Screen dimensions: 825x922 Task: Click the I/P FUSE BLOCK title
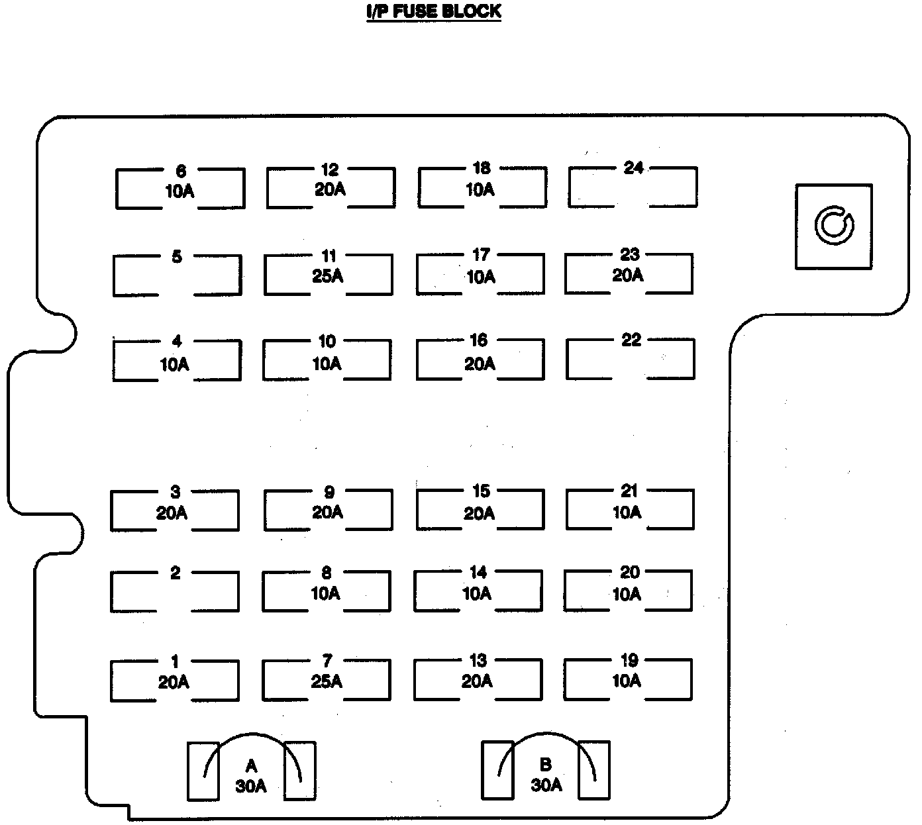click(x=434, y=11)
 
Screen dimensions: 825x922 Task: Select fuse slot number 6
click(x=180, y=189)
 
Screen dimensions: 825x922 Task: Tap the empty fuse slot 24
click(x=633, y=187)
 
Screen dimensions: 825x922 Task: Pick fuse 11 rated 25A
click(x=328, y=274)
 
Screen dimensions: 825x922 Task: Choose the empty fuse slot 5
click(x=177, y=275)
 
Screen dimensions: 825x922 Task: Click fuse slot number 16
click(x=480, y=360)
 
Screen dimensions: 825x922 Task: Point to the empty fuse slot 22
click(x=631, y=360)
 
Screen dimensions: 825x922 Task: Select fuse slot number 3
click(x=174, y=510)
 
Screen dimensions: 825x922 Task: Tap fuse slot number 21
click(x=629, y=510)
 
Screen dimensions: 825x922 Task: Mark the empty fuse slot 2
click(x=174, y=591)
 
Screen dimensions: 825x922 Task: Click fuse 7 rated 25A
click(x=326, y=679)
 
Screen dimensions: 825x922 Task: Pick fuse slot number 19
click(x=628, y=679)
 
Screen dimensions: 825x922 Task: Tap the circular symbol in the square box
click(x=834, y=226)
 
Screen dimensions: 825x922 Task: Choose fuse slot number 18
click(x=482, y=187)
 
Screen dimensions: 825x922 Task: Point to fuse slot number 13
click(x=478, y=679)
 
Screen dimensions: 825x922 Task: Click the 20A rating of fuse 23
click(x=628, y=275)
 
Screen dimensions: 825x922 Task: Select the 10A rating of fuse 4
click(x=175, y=364)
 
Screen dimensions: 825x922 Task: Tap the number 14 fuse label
click(x=478, y=572)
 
